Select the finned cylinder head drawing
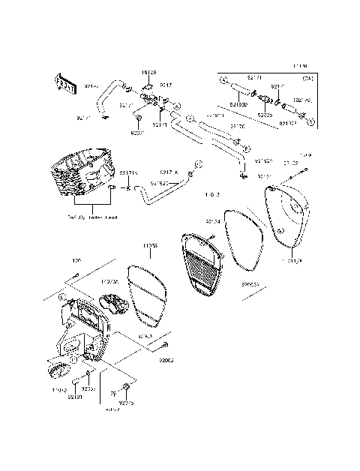coord(82,178)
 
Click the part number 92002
coord(166,361)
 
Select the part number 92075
coord(126,403)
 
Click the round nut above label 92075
coord(126,387)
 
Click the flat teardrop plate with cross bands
coord(146,295)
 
